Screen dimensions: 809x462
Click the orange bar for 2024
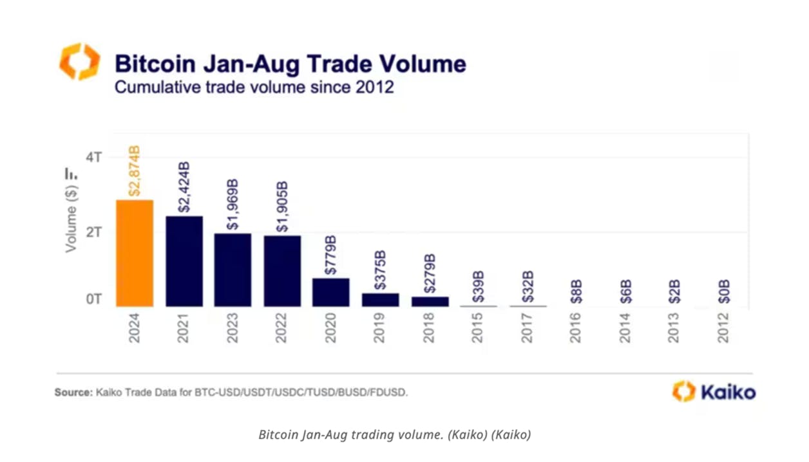click(135, 253)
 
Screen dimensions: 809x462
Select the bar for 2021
click(184, 261)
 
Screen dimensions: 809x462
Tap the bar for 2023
click(233, 270)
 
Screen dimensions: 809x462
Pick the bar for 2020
click(331, 293)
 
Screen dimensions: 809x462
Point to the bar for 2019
click(380, 300)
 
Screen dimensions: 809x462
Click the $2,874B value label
click(135, 171)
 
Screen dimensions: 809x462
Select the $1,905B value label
click(282, 207)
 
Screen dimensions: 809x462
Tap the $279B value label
click(430, 273)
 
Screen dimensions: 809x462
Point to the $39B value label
click(478, 287)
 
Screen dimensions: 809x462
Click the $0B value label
click(724, 291)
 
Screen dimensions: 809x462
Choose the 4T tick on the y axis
click(94, 157)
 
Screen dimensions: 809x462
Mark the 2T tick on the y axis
click(94, 232)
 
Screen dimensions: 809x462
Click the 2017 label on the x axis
click(527, 328)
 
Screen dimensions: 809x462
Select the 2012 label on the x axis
click(723, 328)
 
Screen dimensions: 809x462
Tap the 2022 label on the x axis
click(281, 328)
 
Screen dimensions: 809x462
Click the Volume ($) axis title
click(71, 219)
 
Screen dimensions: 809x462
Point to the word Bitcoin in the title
click(155, 64)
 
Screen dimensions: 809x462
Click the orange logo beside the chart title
click(80, 61)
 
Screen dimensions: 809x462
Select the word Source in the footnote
click(73, 393)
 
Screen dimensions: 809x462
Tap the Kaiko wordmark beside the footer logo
click(728, 393)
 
